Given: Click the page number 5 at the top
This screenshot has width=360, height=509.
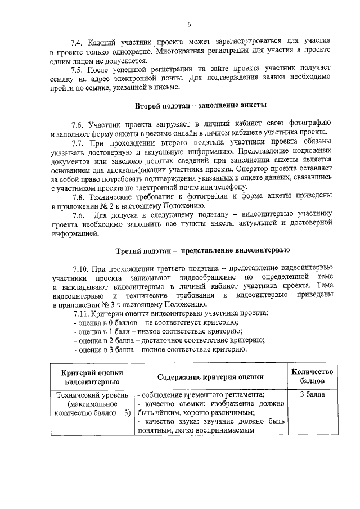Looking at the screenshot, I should point(189,25).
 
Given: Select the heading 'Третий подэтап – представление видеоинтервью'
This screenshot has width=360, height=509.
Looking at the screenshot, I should point(202,250).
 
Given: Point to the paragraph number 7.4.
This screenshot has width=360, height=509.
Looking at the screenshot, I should point(77,43).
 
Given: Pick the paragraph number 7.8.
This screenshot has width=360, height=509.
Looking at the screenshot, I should point(78,196).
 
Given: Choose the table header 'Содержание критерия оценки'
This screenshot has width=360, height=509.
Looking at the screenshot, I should point(210,376).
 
